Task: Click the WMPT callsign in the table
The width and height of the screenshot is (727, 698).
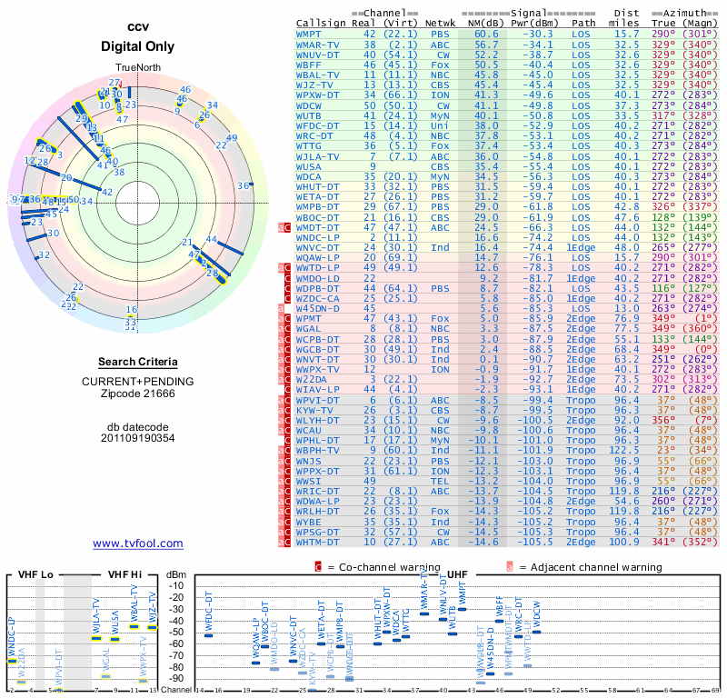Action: pos(311,34)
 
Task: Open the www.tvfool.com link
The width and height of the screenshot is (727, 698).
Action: pos(137,543)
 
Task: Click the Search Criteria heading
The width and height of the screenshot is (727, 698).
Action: pos(137,362)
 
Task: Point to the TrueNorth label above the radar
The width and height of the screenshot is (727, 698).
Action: pos(137,69)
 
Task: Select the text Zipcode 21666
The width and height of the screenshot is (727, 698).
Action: pos(137,393)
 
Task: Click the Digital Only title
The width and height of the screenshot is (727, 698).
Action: pos(137,46)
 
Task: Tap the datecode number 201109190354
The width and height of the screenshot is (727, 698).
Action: pos(137,437)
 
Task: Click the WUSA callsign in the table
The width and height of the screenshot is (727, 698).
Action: pos(309,167)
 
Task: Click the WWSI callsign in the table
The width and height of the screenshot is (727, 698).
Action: pos(309,482)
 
